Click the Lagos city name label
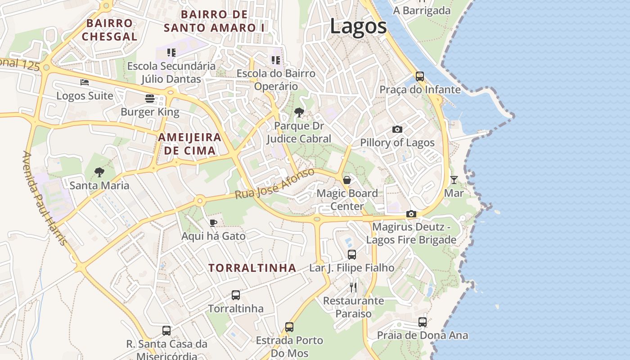tap(358, 26)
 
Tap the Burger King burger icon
tap(150, 99)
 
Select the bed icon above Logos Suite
tap(85, 82)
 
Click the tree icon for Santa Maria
tap(99, 172)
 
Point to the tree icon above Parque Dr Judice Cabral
tap(299, 112)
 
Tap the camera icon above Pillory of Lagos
tap(397, 130)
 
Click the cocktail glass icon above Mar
tap(454, 180)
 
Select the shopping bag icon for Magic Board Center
tap(347, 180)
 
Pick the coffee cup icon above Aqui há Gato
tap(213, 223)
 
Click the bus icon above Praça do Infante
tap(420, 76)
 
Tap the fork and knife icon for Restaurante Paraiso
tap(353, 287)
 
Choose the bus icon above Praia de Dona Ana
tap(422, 322)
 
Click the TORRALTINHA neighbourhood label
tap(252, 268)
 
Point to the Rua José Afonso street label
tap(275, 184)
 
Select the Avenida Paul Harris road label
tap(45, 198)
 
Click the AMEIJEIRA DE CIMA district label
tap(190, 144)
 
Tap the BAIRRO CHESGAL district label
tap(110, 30)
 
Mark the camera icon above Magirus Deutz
tap(411, 214)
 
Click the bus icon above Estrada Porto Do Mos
tap(289, 327)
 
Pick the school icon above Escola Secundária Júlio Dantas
tap(171, 53)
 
